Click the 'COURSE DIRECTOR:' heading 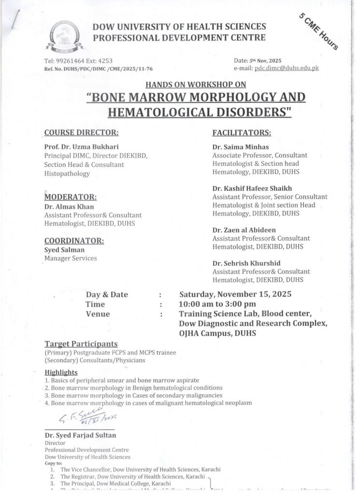click(x=81, y=131)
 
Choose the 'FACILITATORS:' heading click(x=242, y=131)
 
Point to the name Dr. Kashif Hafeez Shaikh click(x=252, y=188)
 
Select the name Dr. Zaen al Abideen click(x=244, y=230)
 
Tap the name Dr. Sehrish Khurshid click(x=245, y=263)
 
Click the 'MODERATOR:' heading click(x=70, y=197)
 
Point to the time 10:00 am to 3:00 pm click(x=217, y=304)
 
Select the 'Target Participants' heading click(x=81, y=344)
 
